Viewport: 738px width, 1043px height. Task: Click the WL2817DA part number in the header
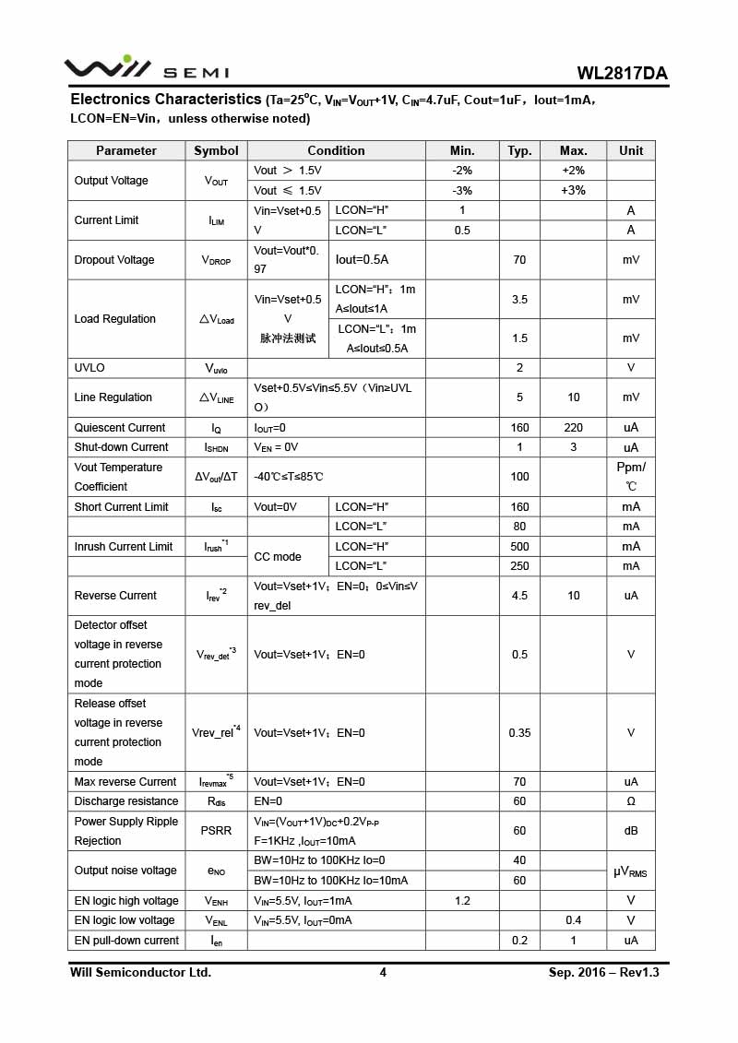point(623,74)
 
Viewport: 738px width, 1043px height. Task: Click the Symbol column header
point(216,150)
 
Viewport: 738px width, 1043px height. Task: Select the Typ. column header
point(519,150)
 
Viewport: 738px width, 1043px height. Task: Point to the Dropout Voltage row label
point(114,260)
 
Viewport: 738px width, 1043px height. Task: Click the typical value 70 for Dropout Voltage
point(519,260)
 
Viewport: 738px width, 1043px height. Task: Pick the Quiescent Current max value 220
point(573,428)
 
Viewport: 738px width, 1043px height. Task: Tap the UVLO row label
point(89,368)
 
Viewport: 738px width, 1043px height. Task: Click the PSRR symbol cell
point(216,831)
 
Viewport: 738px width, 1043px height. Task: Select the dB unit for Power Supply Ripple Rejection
point(631,831)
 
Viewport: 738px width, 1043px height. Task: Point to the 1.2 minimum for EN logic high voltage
point(462,901)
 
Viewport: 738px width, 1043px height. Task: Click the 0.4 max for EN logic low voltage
point(573,920)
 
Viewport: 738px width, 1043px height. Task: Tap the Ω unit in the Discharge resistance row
point(631,801)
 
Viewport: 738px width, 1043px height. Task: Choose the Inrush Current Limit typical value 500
point(519,547)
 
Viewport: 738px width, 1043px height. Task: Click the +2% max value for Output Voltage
point(573,171)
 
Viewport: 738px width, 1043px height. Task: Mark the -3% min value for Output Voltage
point(462,191)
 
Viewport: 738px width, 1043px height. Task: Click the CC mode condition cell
point(278,557)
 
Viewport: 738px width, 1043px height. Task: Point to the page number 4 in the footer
point(383,972)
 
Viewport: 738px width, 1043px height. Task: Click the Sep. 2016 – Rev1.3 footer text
point(603,972)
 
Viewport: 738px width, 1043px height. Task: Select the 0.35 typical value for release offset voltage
point(519,733)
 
